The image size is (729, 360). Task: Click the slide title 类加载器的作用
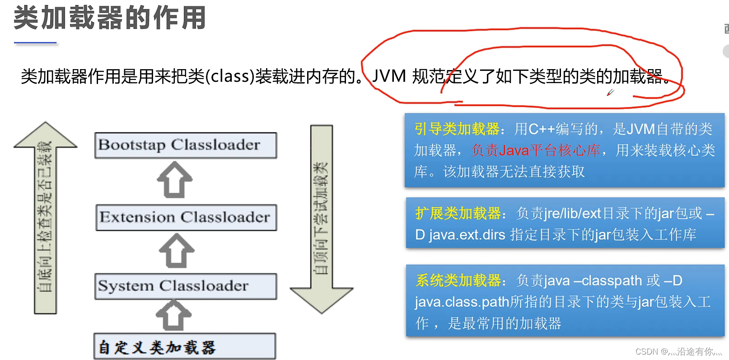click(x=110, y=18)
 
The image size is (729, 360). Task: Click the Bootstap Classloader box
click(x=185, y=145)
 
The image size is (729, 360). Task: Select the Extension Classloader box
click(x=186, y=217)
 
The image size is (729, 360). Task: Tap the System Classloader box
click(x=185, y=286)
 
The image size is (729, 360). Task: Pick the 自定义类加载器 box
click(x=184, y=346)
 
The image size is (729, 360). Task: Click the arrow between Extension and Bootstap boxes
click(x=175, y=180)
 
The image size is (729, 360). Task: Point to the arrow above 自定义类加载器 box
click(x=173, y=315)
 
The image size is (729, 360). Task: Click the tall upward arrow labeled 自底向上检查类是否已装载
click(x=45, y=217)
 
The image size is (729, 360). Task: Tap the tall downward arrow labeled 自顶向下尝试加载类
click(x=321, y=217)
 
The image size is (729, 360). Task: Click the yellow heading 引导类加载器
click(x=457, y=129)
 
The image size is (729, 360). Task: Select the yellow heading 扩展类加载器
click(x=458, y=213)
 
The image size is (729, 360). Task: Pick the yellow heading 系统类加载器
click(x=458, y=281)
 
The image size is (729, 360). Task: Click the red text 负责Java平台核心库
click(x=536, y=150)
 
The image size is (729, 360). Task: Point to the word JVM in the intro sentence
click(x=389, y=76)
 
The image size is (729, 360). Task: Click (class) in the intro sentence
click(x=230, y=76)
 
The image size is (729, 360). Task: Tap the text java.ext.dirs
click(x=467, y=235)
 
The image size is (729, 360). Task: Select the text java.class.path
click(x=462, y=302)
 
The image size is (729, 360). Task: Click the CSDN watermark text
click(x=678, y=351)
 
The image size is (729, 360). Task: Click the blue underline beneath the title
click(x=35, y=42)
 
